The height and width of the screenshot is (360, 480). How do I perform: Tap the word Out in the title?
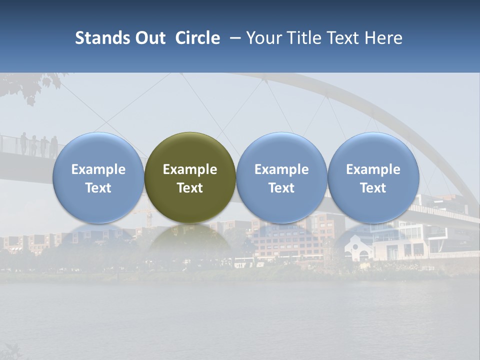[149, 38]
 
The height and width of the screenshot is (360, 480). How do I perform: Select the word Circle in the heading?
[197, 38]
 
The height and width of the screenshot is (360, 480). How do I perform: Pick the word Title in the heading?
[302, 38]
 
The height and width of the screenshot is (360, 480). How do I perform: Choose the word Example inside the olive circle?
[190, 169]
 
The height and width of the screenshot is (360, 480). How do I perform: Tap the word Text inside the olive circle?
[190, 188]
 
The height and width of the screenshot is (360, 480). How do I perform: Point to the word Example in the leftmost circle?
[98, 169]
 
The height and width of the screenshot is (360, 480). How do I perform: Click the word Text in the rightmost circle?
[373, 188]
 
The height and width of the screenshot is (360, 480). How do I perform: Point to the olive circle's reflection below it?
[190, 240]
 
